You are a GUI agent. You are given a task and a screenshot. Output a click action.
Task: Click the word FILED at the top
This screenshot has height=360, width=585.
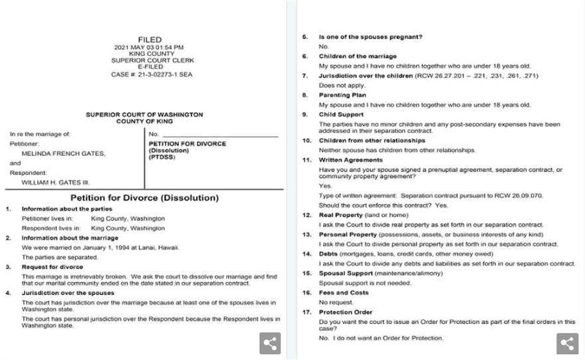150,40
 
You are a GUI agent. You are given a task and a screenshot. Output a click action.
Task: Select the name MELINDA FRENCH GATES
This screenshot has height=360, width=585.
63,153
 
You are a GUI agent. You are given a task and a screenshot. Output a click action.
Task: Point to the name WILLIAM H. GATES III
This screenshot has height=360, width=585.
57,181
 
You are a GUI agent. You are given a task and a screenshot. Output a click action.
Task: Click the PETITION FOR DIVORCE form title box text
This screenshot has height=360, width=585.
187,143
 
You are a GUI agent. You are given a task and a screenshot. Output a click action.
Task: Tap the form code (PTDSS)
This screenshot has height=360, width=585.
162,157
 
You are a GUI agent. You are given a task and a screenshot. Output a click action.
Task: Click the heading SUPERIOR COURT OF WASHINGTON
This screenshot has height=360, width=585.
144,115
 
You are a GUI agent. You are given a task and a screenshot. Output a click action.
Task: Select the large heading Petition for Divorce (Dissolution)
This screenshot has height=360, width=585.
144,198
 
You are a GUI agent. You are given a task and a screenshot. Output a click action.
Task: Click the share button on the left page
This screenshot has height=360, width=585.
270,343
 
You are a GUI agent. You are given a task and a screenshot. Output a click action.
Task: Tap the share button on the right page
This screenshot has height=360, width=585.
567,343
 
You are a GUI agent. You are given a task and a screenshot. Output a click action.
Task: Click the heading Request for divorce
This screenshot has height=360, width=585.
53,267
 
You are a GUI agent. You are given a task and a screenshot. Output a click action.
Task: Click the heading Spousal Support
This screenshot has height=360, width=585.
346,273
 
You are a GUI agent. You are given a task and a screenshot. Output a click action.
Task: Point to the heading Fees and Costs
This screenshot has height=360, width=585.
343,292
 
